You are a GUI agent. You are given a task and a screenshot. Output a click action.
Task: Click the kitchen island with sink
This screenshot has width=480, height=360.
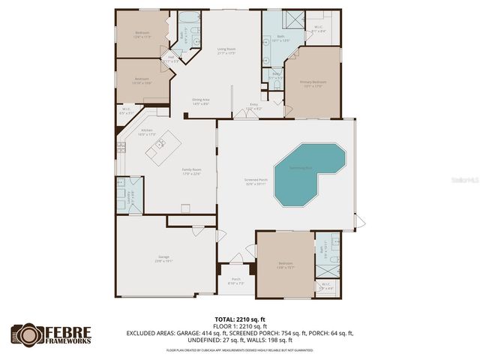164,148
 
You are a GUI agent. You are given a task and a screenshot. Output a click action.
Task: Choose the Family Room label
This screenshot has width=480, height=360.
192,171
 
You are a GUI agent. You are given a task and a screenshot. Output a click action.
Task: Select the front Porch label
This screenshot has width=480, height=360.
235,280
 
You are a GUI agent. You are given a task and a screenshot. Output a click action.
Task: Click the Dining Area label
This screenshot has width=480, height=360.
199,101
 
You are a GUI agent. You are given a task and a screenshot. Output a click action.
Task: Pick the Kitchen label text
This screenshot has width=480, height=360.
147,132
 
